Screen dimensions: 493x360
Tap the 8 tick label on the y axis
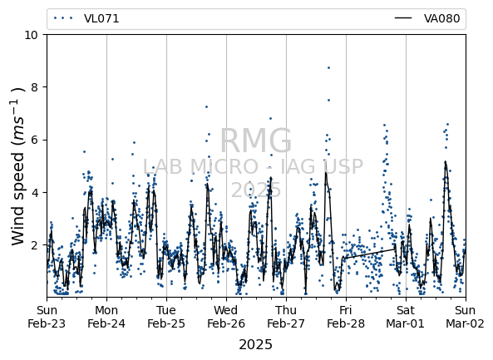coord(35,87)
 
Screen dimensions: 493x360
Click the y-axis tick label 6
coord(35,140)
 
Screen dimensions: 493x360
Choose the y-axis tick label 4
coord(35,192)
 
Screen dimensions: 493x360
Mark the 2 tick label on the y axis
coord(35,245)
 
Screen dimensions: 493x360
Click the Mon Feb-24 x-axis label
coord(106,317)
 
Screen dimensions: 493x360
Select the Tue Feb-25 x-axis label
coord(166,317)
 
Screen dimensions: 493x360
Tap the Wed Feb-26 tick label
coord(226,317)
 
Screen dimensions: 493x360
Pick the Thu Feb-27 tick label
coord(286,317)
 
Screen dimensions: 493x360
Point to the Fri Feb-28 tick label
coord(346,317)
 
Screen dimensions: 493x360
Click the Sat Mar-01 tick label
coord(406,317)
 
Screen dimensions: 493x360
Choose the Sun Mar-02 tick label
coord(466,317)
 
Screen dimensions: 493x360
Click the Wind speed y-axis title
coord(18,166)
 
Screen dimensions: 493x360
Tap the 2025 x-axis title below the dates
coord(255,345)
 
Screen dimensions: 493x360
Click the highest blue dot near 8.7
coord(328,67)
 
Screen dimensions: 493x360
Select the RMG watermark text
coord(255,141)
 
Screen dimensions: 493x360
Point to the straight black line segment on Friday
coord(370,254)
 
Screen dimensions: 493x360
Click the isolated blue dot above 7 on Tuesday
coord(206,107)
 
